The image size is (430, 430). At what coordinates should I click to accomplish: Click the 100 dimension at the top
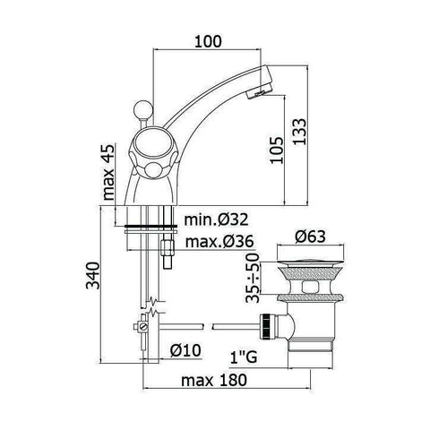pos(208,41)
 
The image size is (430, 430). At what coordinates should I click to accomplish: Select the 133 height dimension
pos(299,132)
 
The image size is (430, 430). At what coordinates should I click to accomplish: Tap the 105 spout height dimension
pos(277,150)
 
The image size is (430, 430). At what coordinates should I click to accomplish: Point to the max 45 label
pos(108,172)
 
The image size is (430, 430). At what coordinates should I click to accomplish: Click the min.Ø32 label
pos(216,219)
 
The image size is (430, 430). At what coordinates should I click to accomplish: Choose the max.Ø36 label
pos(219,241)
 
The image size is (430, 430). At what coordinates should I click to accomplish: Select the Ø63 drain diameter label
pos(310,236)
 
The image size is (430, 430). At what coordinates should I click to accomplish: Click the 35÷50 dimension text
pos(252,278)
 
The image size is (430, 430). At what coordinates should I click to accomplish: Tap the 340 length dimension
pos(92,275)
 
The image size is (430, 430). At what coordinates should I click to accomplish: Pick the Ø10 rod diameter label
pos(185,350)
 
